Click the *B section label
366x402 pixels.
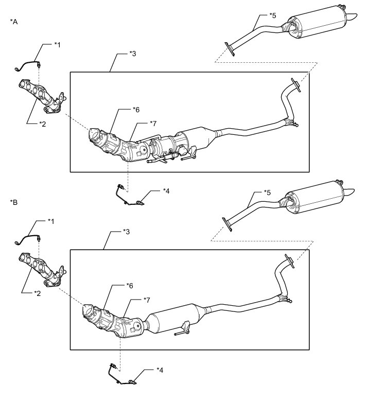pyautogui.click(x=14, y=202)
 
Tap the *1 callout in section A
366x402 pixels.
pyautogui.click(x=58, y=45)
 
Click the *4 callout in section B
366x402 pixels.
pyautogui.click(x=161, y=370)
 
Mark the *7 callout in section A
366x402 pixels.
pyautogui.click(x=152, y=123)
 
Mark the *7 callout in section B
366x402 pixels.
pyautogui.click(x=147, y=299)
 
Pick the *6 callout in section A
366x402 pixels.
pyautogui.click(x=136, y=110)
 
